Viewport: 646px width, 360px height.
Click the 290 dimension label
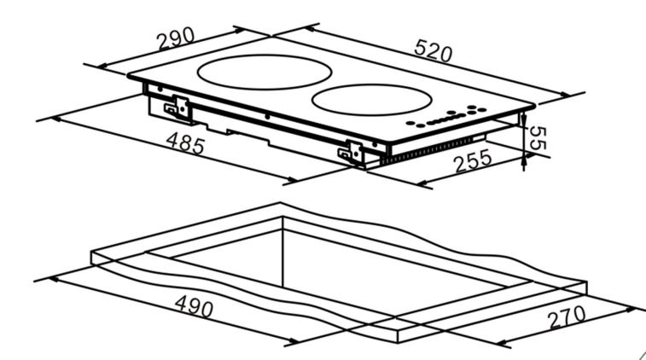coord(176,38)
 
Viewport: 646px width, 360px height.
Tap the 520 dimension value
coord(433,50)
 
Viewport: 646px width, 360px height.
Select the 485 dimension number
coord(185,143)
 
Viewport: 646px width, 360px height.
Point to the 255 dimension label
coord(473,160)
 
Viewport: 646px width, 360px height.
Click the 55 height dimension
coord(538,138)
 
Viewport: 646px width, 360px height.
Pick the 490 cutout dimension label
coord(194,306)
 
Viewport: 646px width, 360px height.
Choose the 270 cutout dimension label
coord(567,316)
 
